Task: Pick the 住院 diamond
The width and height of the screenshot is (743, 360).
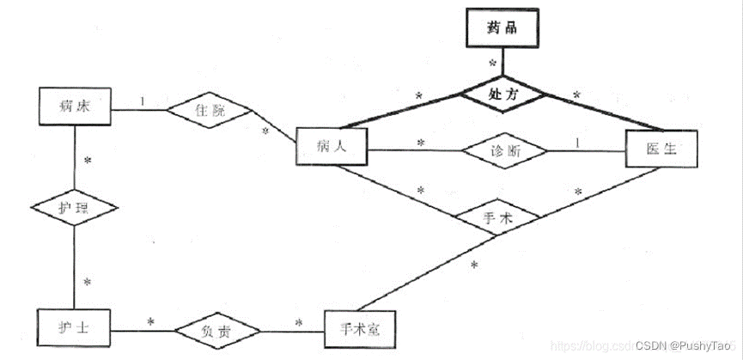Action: click(210, 111)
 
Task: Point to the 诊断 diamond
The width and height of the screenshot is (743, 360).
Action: click(504, 151)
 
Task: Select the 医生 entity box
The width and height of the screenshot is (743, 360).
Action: click(661, 149)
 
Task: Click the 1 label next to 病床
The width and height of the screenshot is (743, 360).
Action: click(143, 101)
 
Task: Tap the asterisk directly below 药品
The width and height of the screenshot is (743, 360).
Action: click(492, 63)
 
